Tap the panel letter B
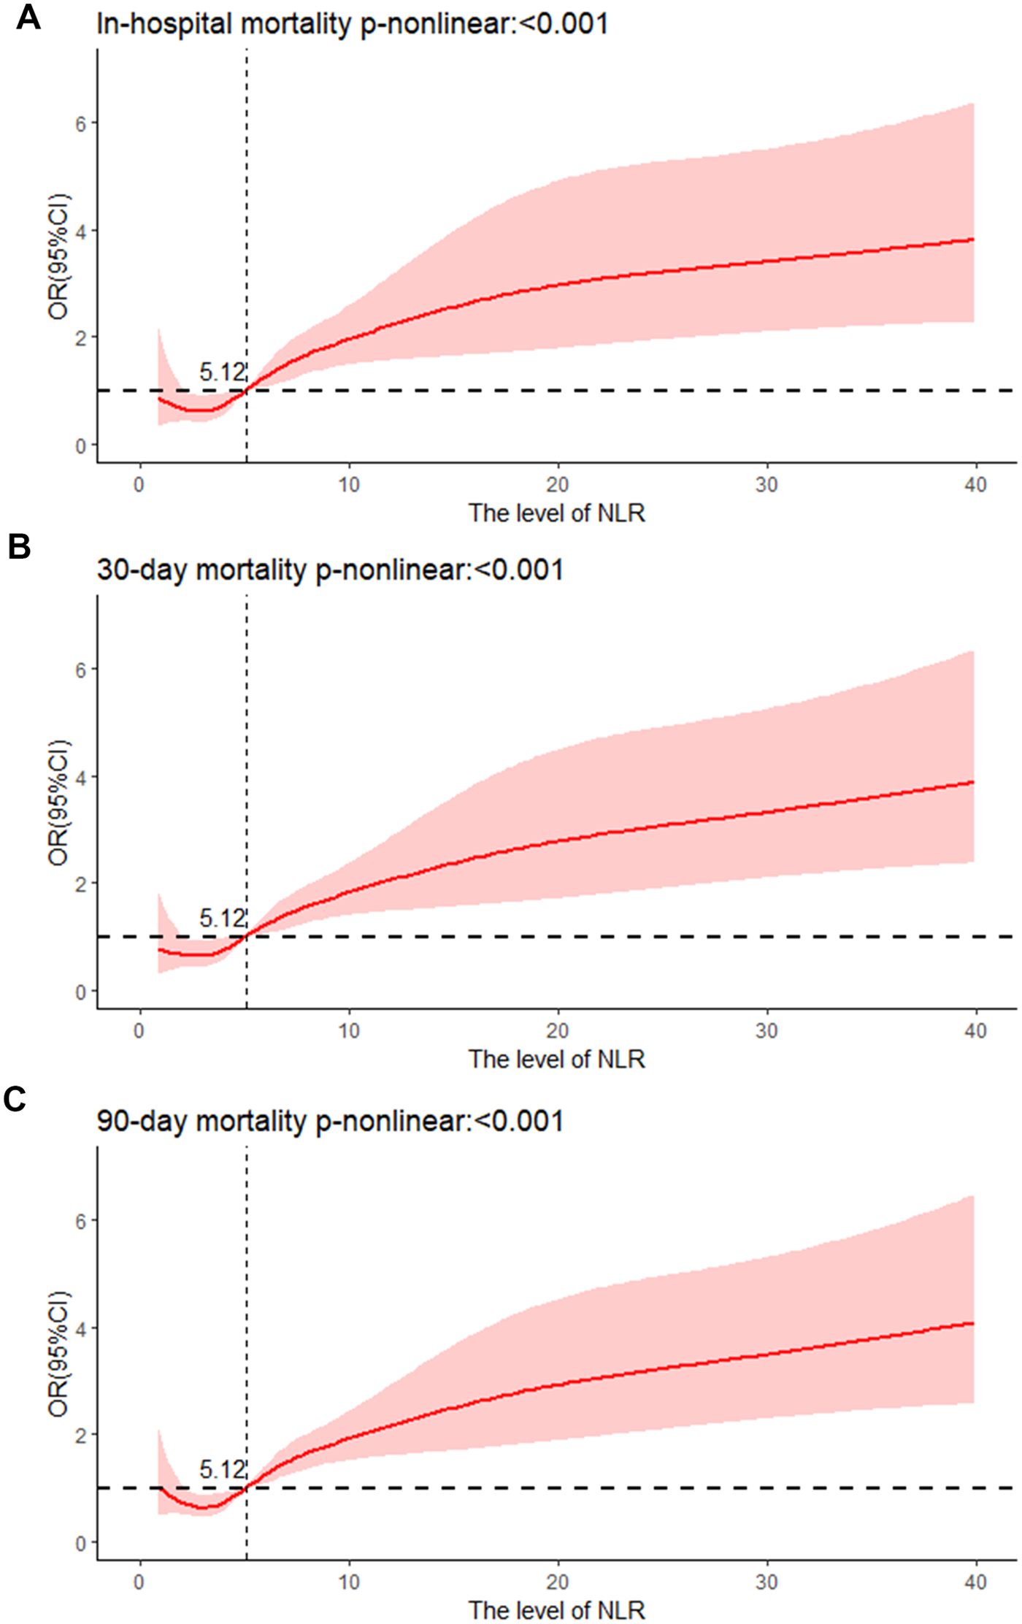(x=19, y=546)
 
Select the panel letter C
(x=15, y=1099)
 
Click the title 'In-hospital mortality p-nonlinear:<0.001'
(x=352, y=24)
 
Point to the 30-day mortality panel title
(x=330, y=570)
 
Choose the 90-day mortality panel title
(x=330, y=1121)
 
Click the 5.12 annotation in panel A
(x=222, y=372)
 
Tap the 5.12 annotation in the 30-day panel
(x=222, y=918)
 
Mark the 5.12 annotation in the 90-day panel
(x=222, y=1469)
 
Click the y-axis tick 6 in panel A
(x=81, y=124)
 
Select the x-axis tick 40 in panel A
(x=975, y=485)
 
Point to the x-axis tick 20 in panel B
(x=558, y=1030)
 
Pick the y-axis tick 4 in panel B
(x=81, y=778)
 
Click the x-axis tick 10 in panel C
(x=349, y=1582)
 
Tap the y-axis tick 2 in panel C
(x=81, y=1436)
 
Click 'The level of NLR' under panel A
(x=557, y=513)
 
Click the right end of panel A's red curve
(x=973, y=240)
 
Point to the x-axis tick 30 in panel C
(x=766, y=1582)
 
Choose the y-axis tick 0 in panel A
(x=81, y=446)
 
